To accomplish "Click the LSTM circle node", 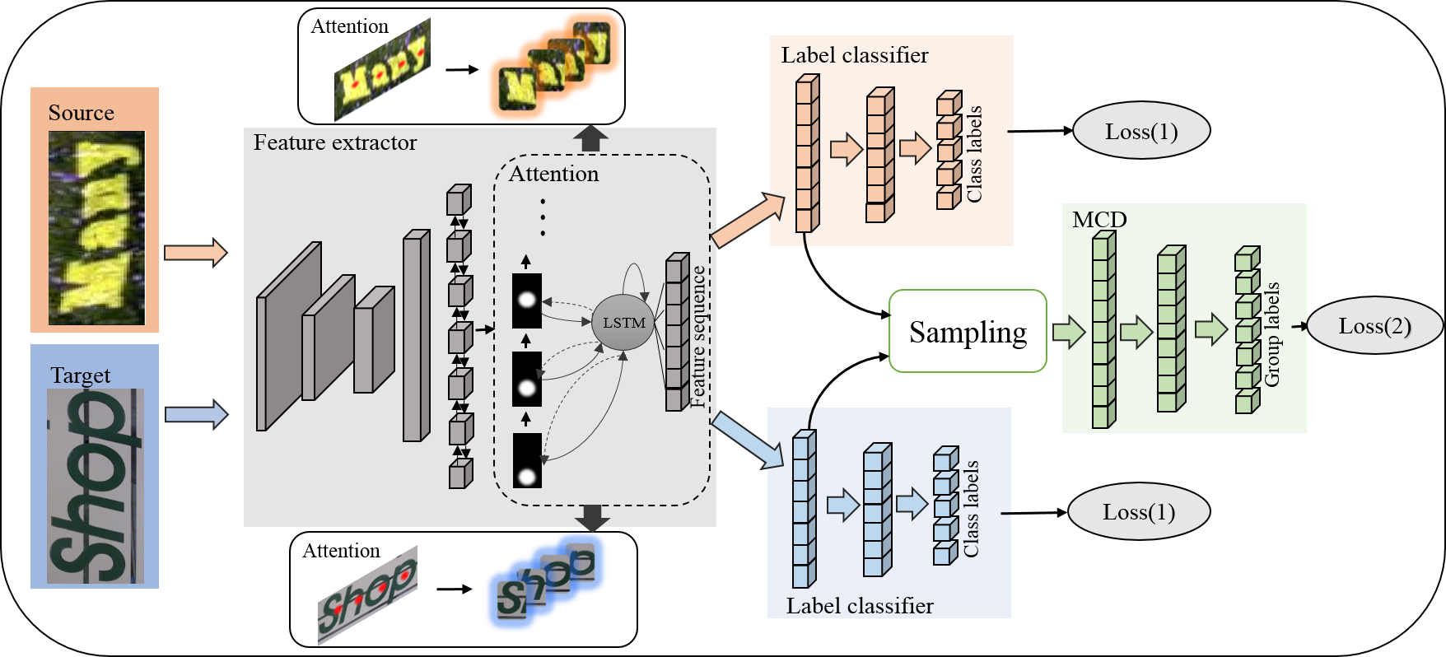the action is [623, 322].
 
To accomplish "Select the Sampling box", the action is [968, 331].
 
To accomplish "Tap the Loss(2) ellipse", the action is [1374, 325].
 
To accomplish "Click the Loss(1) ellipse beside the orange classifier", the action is [1141, 131].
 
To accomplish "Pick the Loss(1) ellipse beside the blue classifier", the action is [1139, 511].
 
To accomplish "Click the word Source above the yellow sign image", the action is [81, 113].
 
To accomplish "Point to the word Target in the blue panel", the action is [80, 375].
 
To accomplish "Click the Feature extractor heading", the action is [335, 142].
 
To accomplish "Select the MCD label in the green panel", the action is [1099, 219].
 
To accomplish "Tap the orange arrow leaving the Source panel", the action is [195, 253].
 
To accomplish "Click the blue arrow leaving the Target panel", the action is [196, 414].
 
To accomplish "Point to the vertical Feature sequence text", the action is [697, 336].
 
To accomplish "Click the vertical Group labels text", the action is [1272, 334].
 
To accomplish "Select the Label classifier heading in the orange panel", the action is [855, 55].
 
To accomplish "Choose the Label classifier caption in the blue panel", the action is [860, 606].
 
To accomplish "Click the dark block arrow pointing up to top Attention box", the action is [590, 138].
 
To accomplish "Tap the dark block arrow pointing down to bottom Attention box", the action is [592, 518].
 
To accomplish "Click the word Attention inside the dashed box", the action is [553, 174].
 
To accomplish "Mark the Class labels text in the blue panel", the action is [971, 509].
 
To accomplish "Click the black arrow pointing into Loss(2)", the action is [1299, 326].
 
